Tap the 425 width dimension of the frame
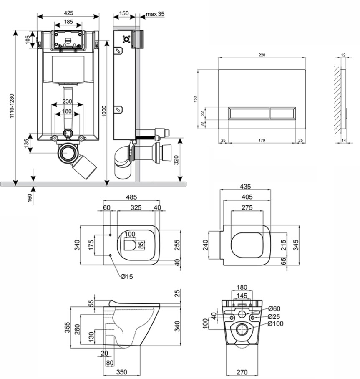click(x=68, y=12)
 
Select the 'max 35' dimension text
click(x=155, y=14)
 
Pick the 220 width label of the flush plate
click(x=262, y=55)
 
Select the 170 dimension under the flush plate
click(x=262, y=140)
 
